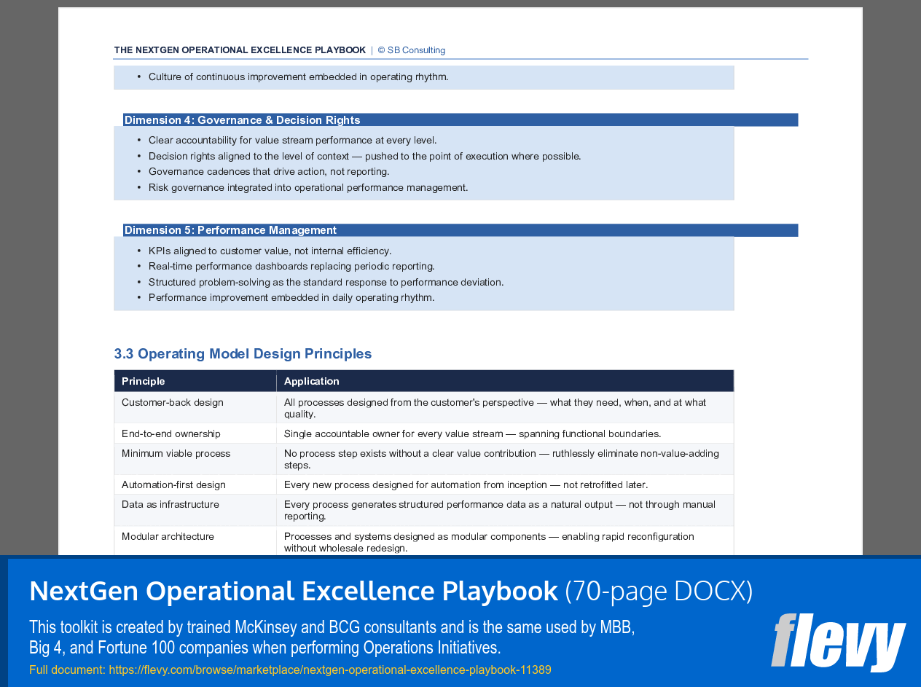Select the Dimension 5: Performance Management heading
tap(230, 230)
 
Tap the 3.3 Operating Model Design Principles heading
tap(243, 354)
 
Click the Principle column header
tap(144, 381)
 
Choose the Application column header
tap(312, 381)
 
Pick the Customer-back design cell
tap(173, 403)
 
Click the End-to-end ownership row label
tap(171, 434)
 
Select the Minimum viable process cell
tap(176, 454)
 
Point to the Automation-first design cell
tap(173, 485)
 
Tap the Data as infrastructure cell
tap(171, 505)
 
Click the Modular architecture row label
tap(168, 537)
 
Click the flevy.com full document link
tap(330, 670)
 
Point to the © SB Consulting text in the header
tap(412, 50)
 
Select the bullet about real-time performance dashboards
tap(291, 267)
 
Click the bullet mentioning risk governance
tap(308, 188)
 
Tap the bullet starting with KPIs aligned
tap(270, 251)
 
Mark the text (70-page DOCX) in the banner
tap(659, 591)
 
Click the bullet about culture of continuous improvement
tap(298, 77)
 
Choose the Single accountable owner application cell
tap(472, 434)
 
